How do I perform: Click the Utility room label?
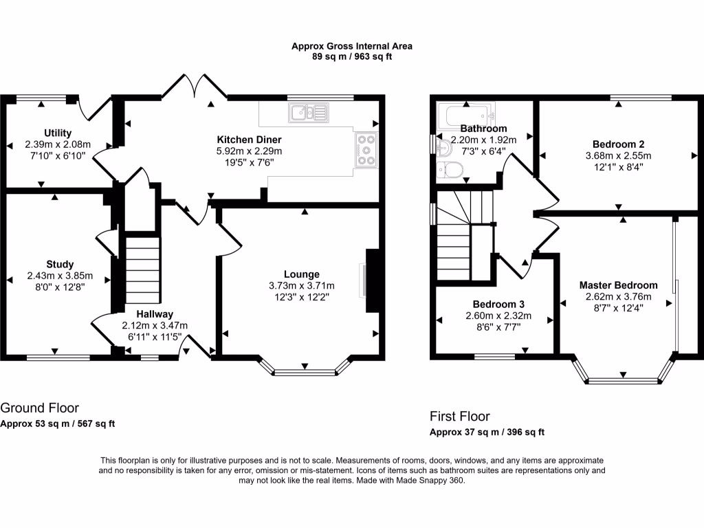click(58, 133)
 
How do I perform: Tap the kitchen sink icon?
click(309, 113)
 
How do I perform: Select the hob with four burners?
click(366, 150)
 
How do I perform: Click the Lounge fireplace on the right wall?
click(373, 280)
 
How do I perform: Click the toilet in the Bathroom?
click(450, 170)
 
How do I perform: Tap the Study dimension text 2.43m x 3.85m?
click(60, 276)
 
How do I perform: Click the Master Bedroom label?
click(618, 285)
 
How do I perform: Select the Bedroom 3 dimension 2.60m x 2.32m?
click(498, 316)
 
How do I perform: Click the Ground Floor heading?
click(39, 408)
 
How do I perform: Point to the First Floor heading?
click(460, 416)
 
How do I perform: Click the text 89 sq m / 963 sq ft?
click(352, 56)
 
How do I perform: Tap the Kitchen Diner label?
click(249, 140)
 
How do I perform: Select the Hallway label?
click(155, 313)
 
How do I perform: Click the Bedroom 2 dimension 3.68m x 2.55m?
click(618, 156)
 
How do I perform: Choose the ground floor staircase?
click(143, 270)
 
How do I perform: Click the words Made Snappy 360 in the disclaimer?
click(430, 481)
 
